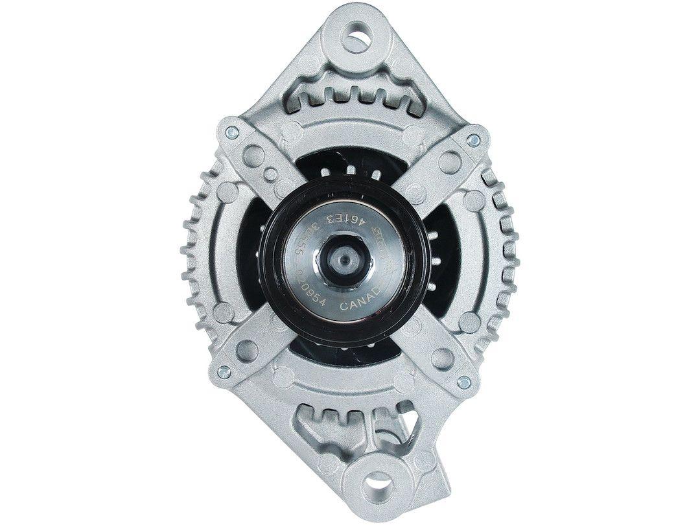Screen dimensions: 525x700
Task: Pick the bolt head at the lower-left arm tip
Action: coord(223,371)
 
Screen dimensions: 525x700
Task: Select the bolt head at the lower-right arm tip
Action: coord(463,382)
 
